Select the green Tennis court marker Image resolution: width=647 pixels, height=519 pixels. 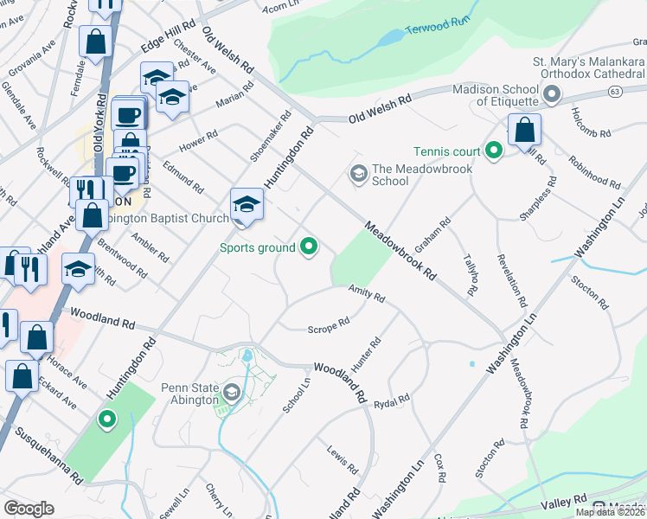(494, 151)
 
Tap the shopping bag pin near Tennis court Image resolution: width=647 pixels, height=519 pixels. (524, 131)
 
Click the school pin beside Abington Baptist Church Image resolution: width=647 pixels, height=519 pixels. (247, 206)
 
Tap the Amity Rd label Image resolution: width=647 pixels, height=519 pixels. (366, 295)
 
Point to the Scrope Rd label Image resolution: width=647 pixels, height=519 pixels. (329, 325)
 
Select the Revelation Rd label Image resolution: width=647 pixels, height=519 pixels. (511, 281)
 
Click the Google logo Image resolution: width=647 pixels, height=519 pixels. (29, 509)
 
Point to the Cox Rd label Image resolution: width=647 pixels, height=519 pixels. (440, 466)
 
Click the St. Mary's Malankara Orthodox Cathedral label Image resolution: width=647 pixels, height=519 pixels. (588, 68)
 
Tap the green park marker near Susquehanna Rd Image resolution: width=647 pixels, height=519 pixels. (107, 420)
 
